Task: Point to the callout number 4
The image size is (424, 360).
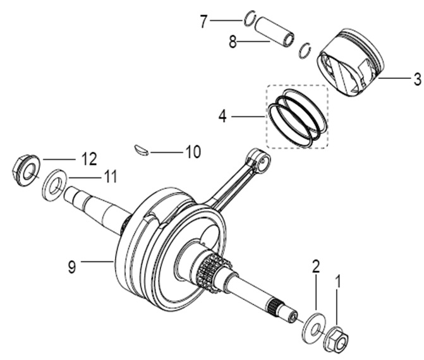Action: click(x=222, y=116)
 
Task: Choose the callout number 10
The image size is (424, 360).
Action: click(x=192, y=152)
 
